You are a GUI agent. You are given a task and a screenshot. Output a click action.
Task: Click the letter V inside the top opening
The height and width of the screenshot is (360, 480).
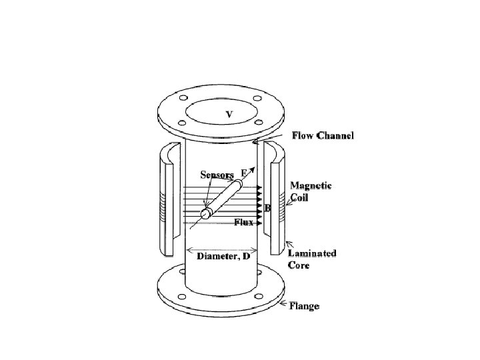(229, 115)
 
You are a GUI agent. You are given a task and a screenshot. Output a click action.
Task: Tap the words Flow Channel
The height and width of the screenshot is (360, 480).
(323, 136)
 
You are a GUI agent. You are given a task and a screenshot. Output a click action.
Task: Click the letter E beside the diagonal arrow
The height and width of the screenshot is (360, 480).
(245, 173)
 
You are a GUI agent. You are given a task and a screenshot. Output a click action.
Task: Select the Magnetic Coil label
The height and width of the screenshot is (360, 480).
(311, 191)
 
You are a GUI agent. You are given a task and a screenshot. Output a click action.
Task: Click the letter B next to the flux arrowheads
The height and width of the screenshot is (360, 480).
(267, 209)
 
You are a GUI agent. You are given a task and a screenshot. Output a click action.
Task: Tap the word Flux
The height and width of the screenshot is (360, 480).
(243, 222)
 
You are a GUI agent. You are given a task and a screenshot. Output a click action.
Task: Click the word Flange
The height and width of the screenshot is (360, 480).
(304, 306)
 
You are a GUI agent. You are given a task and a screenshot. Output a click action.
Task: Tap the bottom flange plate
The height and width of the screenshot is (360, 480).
(220, 293)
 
